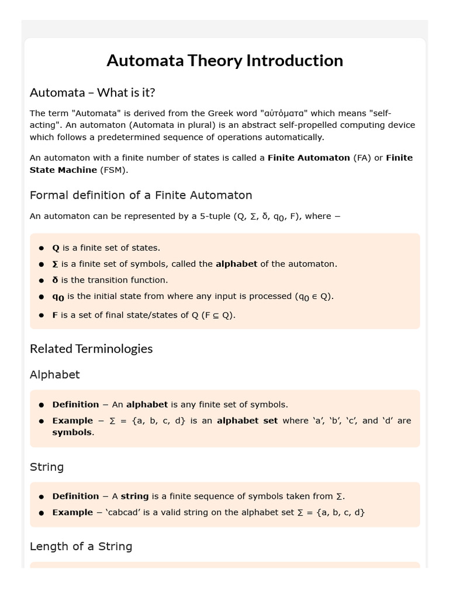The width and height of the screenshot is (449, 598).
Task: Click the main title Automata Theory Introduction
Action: [224, 61]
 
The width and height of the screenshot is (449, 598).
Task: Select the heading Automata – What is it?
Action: [92, 92]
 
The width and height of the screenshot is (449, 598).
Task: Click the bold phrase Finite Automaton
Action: [309, 158]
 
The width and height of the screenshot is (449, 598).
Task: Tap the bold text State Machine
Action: [63, 170]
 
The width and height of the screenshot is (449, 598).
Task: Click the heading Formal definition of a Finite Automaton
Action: [141, 195]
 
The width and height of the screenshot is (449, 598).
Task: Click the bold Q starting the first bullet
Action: [56, 248]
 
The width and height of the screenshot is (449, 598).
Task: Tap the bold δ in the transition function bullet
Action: [56, 280]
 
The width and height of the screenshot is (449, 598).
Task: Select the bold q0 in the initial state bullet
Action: [58, 297]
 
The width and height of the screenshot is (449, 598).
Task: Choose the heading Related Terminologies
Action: [91, 349]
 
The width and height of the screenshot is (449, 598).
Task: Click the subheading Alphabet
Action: [55, 374]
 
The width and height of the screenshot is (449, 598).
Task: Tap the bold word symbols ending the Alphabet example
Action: [72, 433]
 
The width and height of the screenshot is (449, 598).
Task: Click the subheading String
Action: [47, 467]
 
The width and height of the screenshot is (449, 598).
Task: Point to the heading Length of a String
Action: [81, 546]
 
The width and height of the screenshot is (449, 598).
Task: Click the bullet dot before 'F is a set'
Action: [42, 315]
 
